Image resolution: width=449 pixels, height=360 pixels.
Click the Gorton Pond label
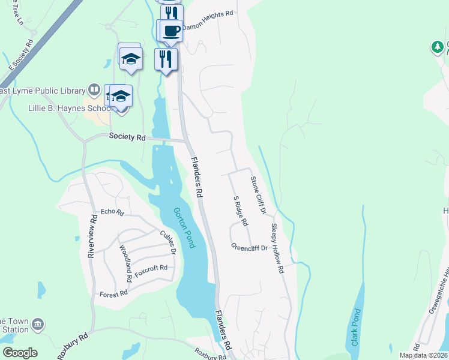[x=184, y=228]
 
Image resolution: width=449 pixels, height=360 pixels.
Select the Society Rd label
[x=127, y=137]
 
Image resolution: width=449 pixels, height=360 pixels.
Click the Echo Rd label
[x=112, y=212]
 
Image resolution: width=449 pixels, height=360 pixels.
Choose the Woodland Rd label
[x=125, y=264]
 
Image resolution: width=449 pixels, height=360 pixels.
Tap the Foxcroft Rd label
[x=151, y=268]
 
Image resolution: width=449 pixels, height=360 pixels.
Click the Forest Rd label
[x=114, y=293]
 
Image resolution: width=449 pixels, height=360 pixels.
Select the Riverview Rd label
[x=92, y=236]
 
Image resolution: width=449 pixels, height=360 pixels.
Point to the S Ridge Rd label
[x=241, y=211]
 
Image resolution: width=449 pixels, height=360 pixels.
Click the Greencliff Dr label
[x=249, y=247]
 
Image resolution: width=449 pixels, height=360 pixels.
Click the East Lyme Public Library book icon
[x=94, y=91]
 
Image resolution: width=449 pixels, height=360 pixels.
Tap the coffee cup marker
[x=171, y=30]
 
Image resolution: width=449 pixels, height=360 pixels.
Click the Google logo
[x=20, y=353]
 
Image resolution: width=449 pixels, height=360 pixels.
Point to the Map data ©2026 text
[x=423, y=355]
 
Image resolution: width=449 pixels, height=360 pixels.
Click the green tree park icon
[x=438, y=47]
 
